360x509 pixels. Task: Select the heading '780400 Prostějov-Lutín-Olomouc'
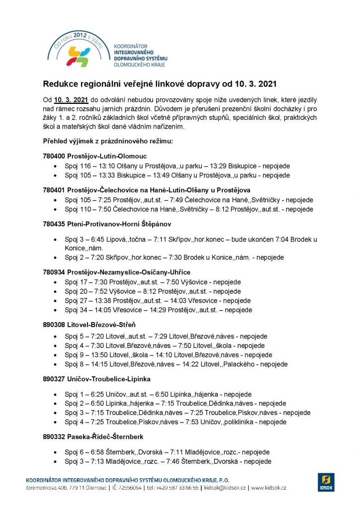pyautogui.click(x=95, y=156)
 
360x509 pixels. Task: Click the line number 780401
pyautogui.click(x=54, y=190)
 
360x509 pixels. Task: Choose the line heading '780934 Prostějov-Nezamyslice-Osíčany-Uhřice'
pyautogui.click(x=117, y=272)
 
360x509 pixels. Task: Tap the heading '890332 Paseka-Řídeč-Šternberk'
pyautogui.click(x=93, y=437)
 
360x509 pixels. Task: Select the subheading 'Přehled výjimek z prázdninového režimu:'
pyautogui.click(x=108, y=142)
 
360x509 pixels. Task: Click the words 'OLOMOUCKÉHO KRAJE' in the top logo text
pyautogui.click(x=140, y=65)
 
